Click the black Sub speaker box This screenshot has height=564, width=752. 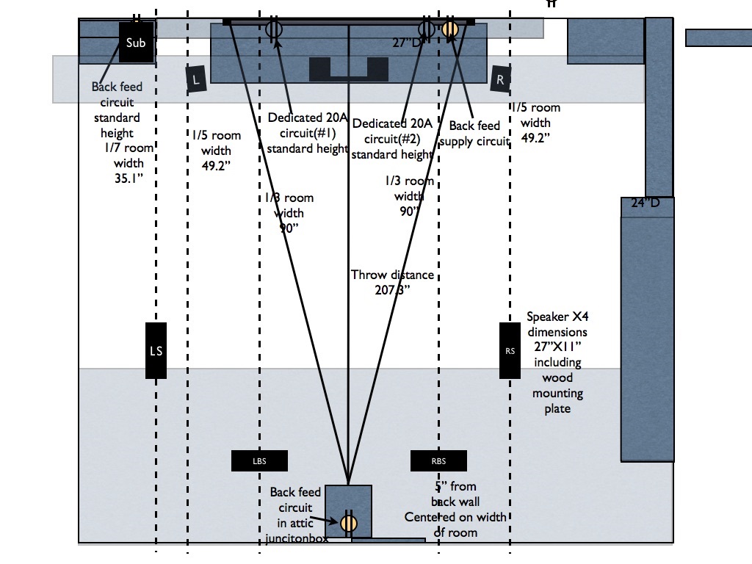[136, 43]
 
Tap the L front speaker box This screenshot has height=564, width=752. [196, 79]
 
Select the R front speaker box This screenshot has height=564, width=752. [500, 79]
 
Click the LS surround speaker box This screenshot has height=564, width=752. [156, 351]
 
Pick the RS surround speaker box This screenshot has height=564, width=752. [510, 351]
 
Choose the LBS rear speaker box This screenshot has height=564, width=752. [259, 461]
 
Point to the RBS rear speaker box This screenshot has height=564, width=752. [438, 461]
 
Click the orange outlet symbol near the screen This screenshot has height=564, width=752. [450, 29]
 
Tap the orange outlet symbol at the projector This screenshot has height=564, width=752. [348, 523]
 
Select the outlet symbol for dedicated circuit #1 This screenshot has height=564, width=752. [274, 29]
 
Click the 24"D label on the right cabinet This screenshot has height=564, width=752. [646, 203]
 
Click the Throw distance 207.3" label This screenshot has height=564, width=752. [392, 282]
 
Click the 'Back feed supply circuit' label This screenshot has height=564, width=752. [474, 134]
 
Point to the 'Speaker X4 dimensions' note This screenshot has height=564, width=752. [557, 324]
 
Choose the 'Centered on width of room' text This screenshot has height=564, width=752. [455, 524]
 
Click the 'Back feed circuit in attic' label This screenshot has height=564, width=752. [295, 507]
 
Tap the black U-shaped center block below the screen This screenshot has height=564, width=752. [348, 69]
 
